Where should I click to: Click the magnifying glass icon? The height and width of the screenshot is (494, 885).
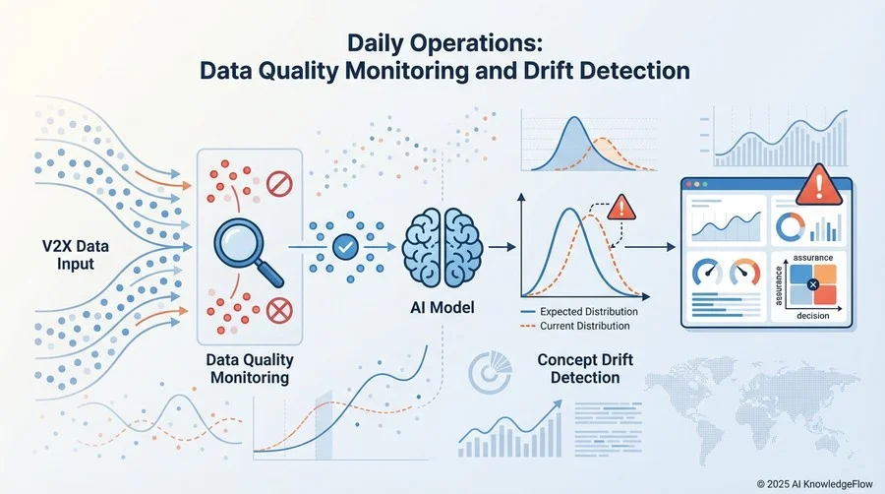pos(249,252)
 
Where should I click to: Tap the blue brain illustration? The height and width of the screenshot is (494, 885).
pos(442,247)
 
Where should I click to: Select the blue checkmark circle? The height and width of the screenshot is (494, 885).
pos(345,247)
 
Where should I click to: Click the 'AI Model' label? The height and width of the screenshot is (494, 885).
pos(442,308)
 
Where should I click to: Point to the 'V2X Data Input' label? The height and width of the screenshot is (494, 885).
pos(76,255)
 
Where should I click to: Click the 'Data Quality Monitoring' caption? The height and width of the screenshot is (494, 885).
pos(250,369)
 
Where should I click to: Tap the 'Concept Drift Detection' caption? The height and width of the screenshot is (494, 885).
pos(585,369)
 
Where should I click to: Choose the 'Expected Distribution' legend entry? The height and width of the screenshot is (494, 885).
pos(579,312)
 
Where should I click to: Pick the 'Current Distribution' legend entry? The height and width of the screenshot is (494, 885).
pos(575,326)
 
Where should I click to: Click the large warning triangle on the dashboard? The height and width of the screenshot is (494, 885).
pos(819,185)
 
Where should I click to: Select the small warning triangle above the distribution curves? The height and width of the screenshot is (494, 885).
pos(621,208)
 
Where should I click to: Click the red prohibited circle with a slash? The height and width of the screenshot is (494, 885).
pos(279,184)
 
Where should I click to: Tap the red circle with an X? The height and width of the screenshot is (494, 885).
pos(279,310)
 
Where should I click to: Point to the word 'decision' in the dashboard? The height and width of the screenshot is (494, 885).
pos(813,316)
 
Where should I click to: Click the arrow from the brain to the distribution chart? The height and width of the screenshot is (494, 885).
pos(502,247)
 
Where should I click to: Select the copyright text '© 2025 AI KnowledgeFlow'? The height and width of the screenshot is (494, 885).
pos(814,484)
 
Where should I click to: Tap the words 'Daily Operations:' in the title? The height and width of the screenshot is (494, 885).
pos(444,43)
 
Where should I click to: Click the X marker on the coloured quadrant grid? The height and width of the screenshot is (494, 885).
pos(813,284)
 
